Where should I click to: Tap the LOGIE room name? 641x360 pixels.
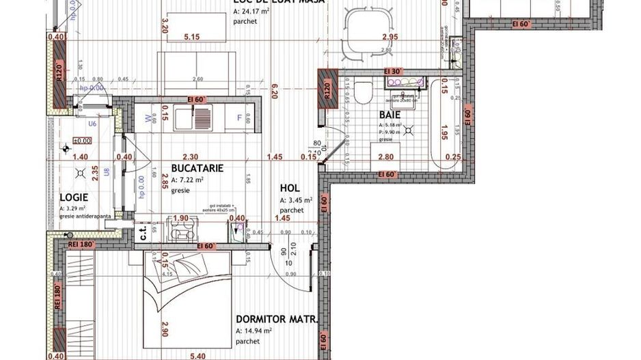tap(74, 196)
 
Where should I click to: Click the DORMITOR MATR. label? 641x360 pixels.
tap(275, 319)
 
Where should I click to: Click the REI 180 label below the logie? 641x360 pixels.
tap(80, 244)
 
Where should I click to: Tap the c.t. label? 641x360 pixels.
tap(142, 233)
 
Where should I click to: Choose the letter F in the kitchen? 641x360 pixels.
tap(239, 117)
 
